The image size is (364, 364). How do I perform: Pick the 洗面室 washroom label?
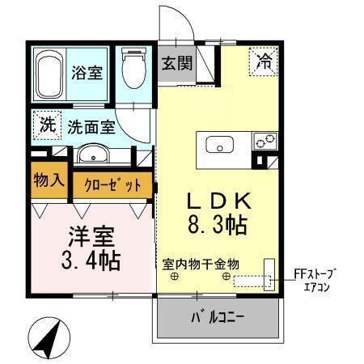[90, 127]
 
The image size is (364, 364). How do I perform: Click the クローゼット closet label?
[113, 184]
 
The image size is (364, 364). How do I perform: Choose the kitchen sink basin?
[220, 146]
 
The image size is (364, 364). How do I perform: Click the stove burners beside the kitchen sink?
[263, 141]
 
